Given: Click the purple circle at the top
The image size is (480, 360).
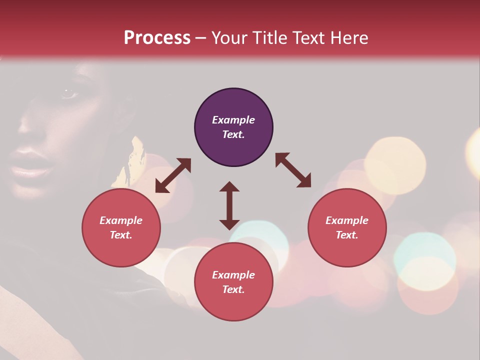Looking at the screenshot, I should (x=233, y=127).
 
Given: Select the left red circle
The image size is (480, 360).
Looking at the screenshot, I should (x=121, y=227).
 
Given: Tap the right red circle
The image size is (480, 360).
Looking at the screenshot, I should (x=347, y=227).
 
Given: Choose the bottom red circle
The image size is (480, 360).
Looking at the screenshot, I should (x=233, y=282).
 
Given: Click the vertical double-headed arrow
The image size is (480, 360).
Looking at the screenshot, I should (x=229, y=205).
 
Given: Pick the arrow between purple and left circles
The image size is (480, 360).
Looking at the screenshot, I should (x=173, y=175).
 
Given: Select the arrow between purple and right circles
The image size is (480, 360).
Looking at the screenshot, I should (x=293, y=170).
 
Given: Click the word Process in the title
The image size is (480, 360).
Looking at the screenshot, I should (x=157, y=38).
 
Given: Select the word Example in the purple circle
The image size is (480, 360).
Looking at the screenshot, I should (x=233, y=120).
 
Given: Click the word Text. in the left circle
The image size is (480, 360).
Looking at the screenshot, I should (x=121, y=235).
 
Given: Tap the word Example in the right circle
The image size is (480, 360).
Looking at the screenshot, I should (x=347, y=220).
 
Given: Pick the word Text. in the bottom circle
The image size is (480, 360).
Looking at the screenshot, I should (x=233, y=289).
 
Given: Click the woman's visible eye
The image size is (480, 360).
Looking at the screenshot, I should (x=67, y=93).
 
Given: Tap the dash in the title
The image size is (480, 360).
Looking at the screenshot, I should (x=201, y=38).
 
